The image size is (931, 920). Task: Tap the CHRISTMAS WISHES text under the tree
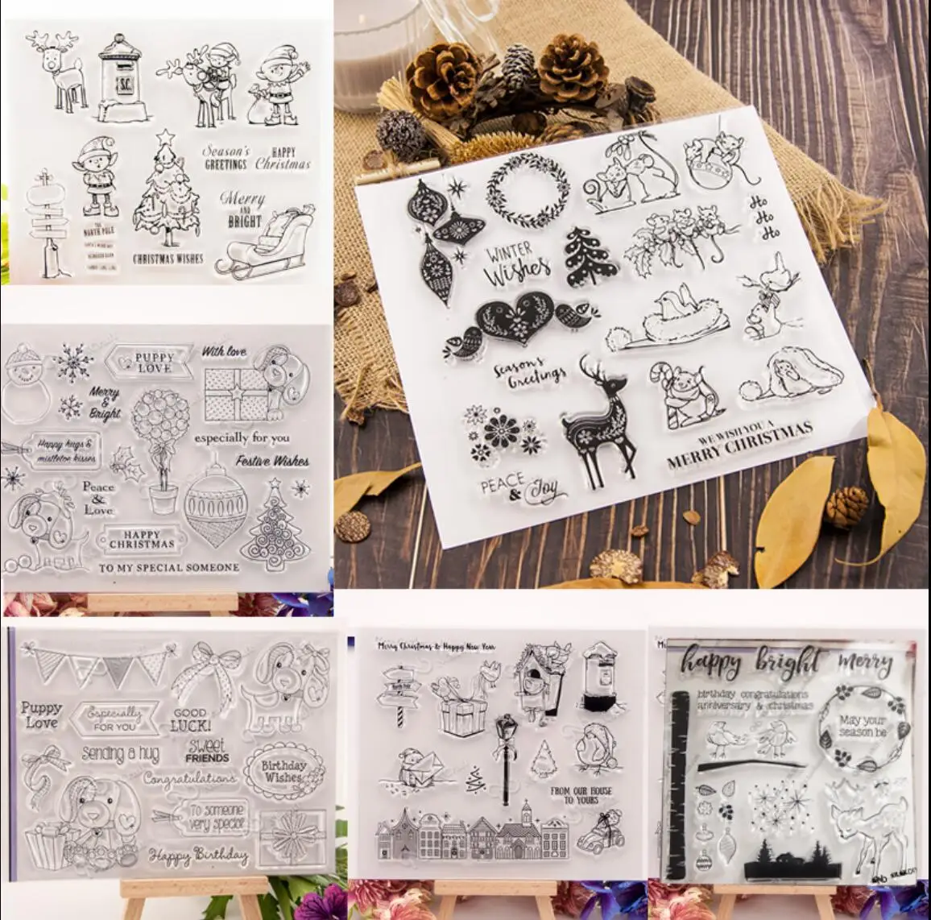[168, 259]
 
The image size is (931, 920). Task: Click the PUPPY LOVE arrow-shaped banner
[154, 363]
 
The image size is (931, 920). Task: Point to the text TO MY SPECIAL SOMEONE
[168, 567]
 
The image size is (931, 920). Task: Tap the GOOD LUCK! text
[190, 718]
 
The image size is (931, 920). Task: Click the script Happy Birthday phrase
[198, 856]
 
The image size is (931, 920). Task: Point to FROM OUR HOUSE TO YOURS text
[581, 795]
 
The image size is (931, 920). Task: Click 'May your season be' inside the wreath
[862, 726]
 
